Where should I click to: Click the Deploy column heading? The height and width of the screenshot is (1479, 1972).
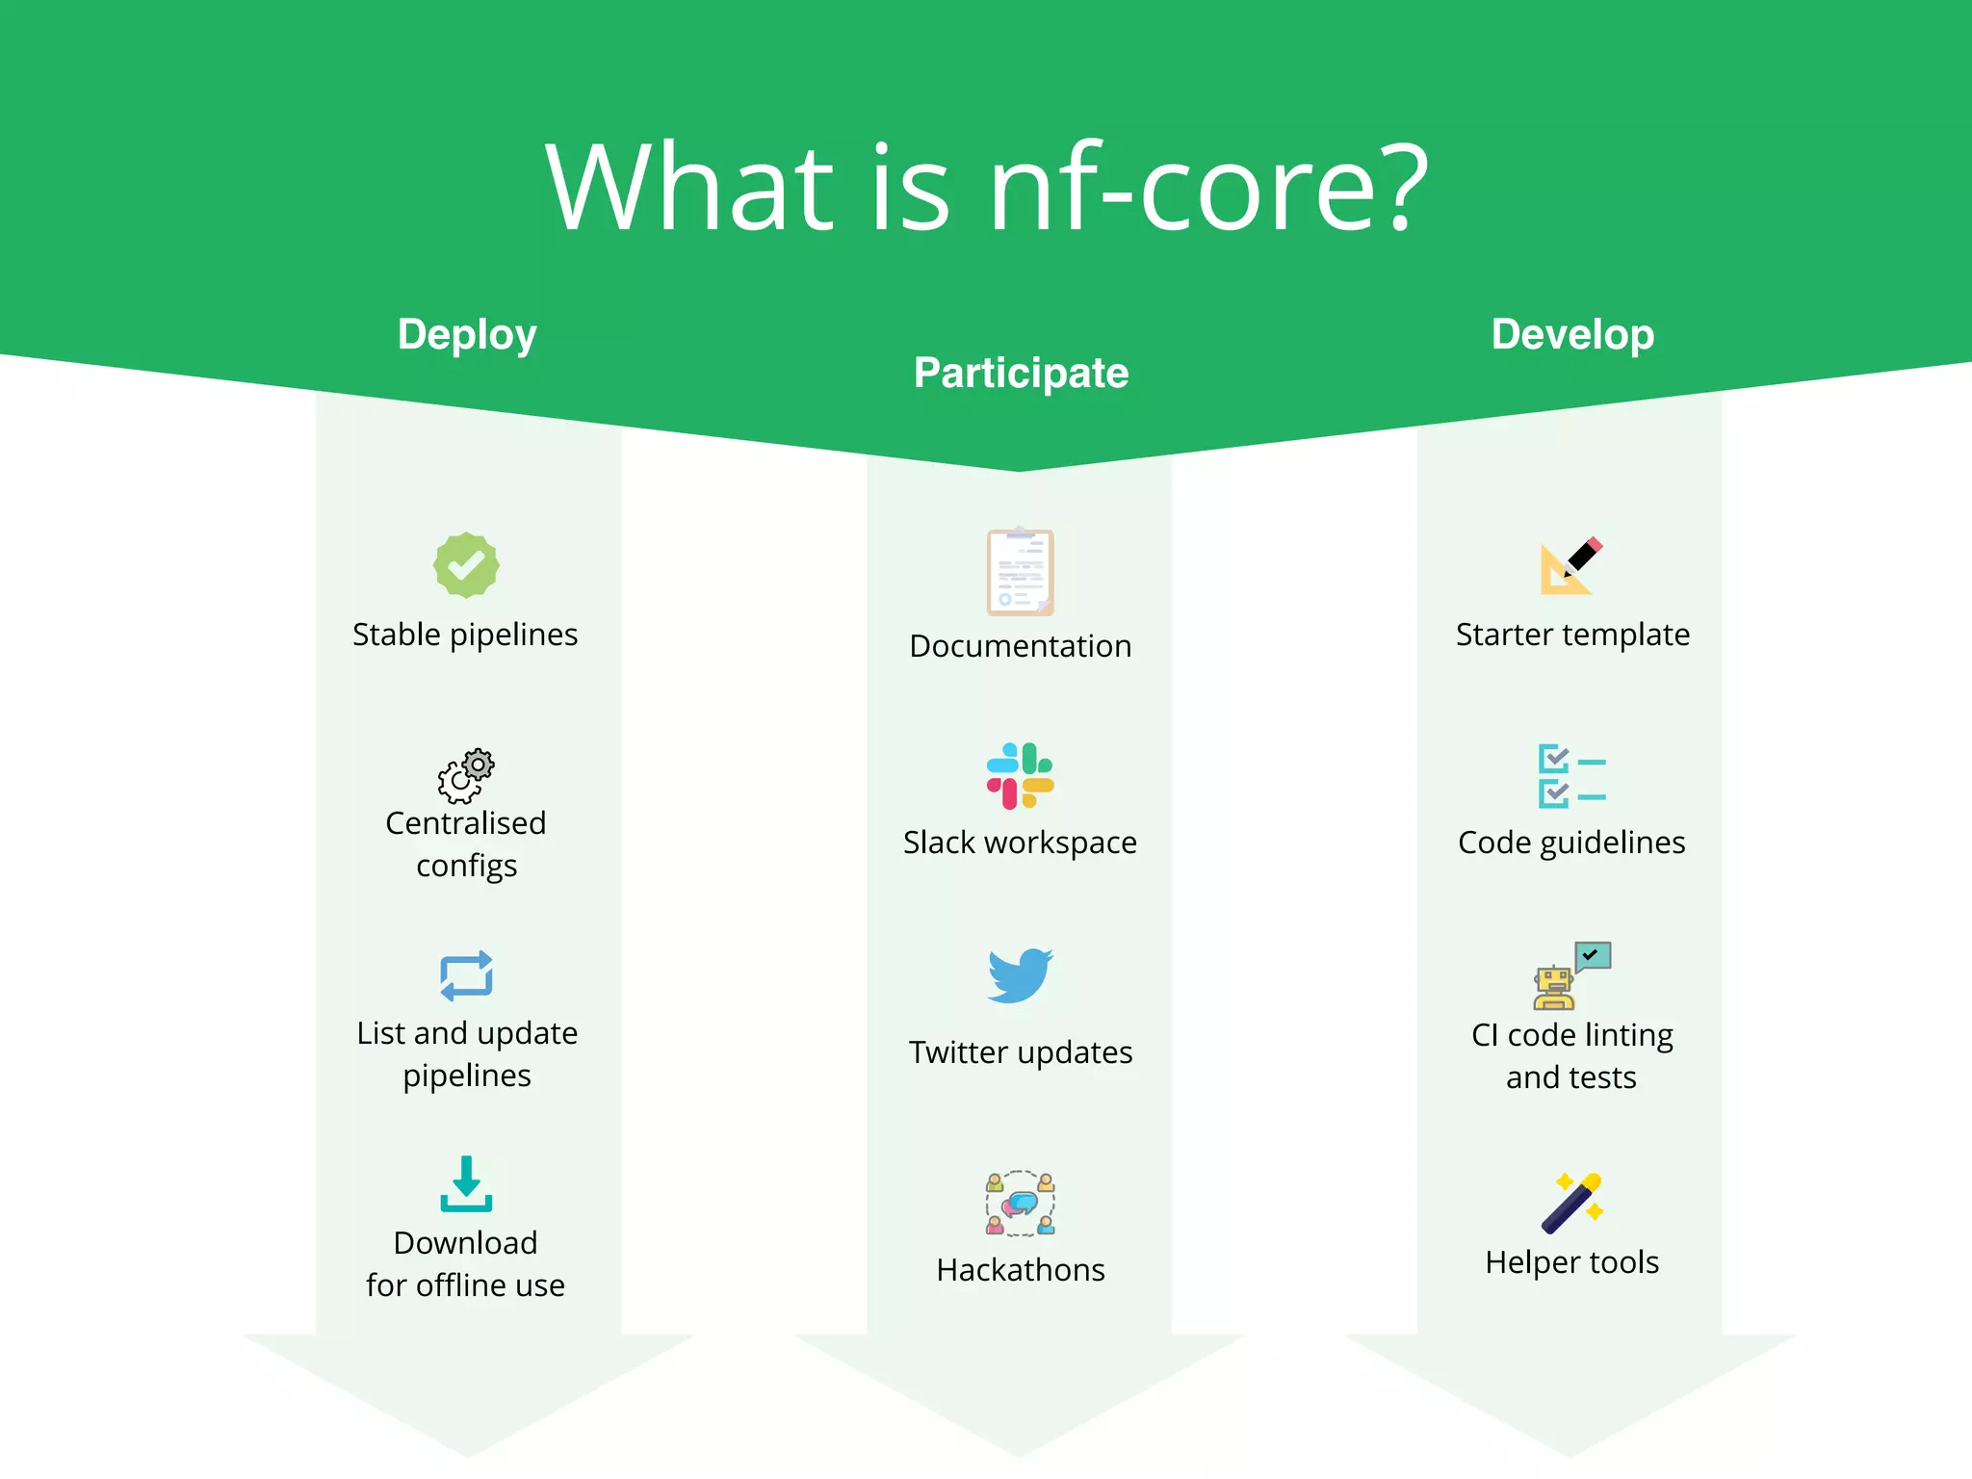coord(467,335)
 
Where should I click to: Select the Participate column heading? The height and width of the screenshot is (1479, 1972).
coord(1021,373)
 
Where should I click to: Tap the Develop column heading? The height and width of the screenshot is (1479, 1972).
coord(1572,334)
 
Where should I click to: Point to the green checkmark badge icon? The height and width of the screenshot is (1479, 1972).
coord(466,565)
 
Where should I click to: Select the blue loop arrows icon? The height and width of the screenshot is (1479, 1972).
coord(466,976)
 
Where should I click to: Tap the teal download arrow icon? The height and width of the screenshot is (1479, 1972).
coord(466,1184)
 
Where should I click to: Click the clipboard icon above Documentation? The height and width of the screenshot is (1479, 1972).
coord(1021,572)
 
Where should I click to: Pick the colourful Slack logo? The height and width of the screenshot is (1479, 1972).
coord(1021,776)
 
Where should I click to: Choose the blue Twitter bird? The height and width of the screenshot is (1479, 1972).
coord(1021,975)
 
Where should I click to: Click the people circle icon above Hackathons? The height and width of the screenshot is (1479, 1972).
coord(1021,1204)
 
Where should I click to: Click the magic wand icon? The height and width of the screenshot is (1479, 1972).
coord(1571,1203)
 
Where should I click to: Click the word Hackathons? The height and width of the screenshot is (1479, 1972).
coord(1021,1270)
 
